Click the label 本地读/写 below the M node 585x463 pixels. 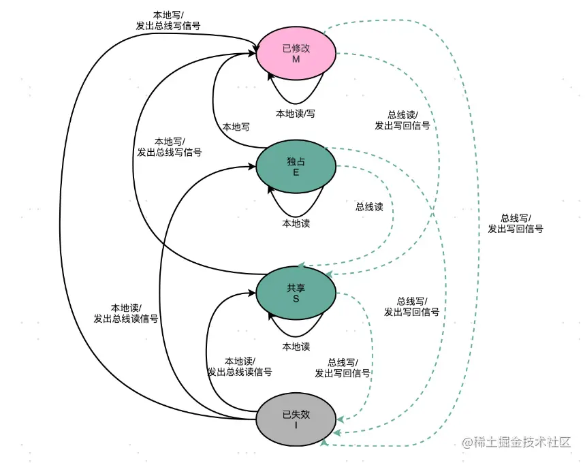pos(296,114)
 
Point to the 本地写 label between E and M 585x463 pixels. pos(236,127)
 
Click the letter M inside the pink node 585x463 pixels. pos(296,59)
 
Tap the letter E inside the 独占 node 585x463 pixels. pos(296,173)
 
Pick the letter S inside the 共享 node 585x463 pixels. pos(296,299)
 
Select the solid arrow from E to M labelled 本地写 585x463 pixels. pos(215,102)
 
